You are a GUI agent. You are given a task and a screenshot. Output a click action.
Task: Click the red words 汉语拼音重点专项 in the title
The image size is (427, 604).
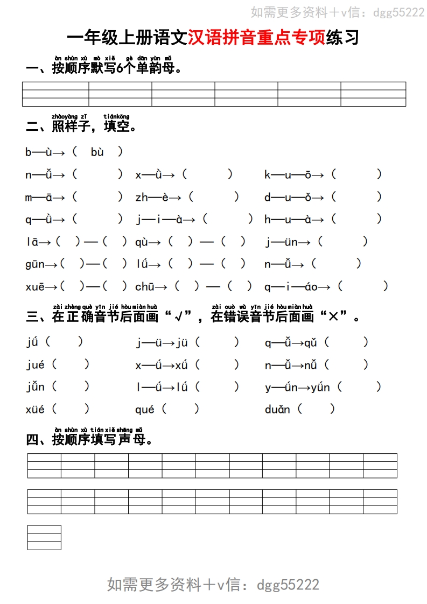coord(257,38)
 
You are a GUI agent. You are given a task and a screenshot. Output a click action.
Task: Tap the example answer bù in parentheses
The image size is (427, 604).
coord(97,152)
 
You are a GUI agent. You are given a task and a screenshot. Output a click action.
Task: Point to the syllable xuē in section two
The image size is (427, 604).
coord(35,286)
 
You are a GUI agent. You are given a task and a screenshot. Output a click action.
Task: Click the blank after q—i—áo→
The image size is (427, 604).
coord(363,286)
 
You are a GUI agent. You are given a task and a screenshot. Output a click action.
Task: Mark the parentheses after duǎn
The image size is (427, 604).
coord(316,410)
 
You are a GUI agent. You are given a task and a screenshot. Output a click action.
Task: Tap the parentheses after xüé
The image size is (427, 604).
coord(71,410)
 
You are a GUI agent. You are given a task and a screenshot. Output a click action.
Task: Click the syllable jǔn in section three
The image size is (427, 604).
coord(36,387)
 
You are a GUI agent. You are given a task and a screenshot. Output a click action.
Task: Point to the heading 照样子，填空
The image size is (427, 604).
coord(81,127)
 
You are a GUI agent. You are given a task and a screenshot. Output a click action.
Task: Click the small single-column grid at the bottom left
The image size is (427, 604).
coord(44,537)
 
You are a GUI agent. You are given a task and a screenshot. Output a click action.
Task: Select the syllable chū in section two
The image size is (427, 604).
coord(145,286)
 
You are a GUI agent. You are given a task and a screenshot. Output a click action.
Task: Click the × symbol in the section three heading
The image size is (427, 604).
coord(333,317)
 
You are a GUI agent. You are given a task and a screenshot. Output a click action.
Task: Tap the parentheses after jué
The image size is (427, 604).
coord(71,364)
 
